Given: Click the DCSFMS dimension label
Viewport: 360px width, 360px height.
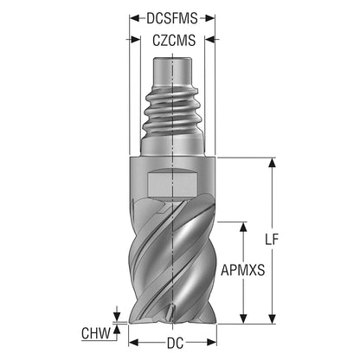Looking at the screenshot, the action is [x=172, y=19].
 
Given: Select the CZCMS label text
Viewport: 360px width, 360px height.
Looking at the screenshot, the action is [x=174, y=41].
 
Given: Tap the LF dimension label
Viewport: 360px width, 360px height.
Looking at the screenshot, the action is [x=272, y=239].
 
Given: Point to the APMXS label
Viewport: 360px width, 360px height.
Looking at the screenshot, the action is [x=242, y=270].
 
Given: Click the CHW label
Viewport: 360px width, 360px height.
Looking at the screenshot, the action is [x=96, y=333].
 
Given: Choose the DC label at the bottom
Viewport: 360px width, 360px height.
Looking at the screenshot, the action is [x=175, y=344].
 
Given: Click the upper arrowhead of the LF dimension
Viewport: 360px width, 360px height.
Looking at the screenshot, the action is [x=272, y=163].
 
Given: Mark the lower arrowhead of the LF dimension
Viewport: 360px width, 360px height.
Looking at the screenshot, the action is [x=272, y=318].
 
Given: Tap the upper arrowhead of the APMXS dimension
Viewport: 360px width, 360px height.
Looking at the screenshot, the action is [x=244, y=227].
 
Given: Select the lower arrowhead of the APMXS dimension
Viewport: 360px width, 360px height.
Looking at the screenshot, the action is [x=244, y=318].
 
